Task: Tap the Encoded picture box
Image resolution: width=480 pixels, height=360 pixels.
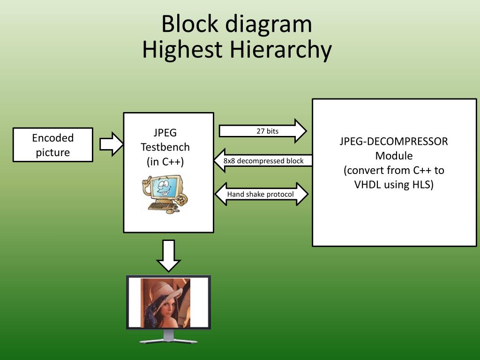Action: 53,145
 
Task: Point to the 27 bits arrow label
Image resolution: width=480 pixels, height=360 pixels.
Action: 268,131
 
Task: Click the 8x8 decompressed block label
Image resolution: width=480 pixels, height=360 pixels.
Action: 263,161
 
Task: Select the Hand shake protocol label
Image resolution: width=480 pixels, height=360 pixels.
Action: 261,194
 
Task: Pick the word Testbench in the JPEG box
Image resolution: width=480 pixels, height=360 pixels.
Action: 165,147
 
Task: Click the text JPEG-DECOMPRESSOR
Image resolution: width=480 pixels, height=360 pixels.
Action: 394,141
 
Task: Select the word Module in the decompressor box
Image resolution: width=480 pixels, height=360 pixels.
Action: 394,156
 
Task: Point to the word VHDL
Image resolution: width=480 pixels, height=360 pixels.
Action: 367,184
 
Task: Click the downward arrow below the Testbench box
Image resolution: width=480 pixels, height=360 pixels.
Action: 169,256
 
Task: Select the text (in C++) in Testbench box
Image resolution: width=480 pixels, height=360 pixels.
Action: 165,162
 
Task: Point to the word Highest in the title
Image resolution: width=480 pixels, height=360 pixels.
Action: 182,50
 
